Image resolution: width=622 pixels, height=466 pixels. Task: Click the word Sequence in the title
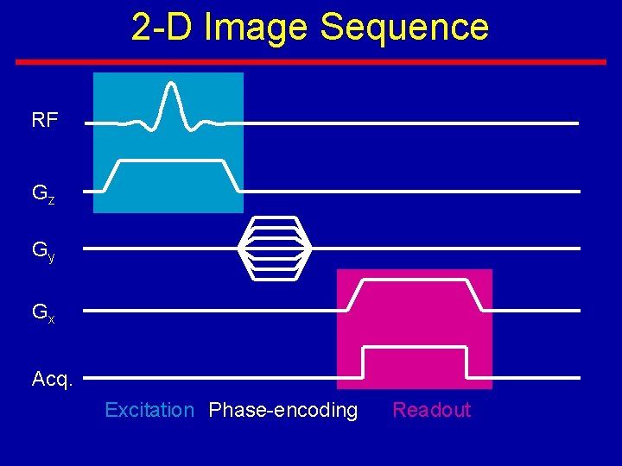coord(404,27)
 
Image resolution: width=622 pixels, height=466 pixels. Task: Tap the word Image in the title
coord(257,27)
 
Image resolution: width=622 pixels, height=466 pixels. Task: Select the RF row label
coord(45,121)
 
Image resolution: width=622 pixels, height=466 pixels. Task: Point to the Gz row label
coord(43,194)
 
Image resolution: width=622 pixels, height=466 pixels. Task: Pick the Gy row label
coord(43,251)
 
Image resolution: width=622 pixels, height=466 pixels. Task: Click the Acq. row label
coord(52,379)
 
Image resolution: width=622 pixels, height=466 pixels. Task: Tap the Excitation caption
coord(149,410)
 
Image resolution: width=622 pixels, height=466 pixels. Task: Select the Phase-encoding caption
coord(283,410)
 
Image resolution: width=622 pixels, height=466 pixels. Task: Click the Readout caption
coord(432,410)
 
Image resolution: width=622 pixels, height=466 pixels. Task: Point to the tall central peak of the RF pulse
coord(172,86)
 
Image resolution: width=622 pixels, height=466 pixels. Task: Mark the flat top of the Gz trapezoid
coord(171,161)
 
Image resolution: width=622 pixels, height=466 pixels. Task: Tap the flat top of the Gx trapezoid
coord(415,280)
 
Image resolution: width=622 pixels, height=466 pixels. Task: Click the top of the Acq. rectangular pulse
coord(415,347)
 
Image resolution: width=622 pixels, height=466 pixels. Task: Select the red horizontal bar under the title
coord(311,62)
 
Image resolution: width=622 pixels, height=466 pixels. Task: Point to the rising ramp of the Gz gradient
coord(111,176)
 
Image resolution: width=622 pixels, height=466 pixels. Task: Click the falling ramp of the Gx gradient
coord(475,295)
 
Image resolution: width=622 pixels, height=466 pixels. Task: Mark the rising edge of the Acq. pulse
coord(364,362)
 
